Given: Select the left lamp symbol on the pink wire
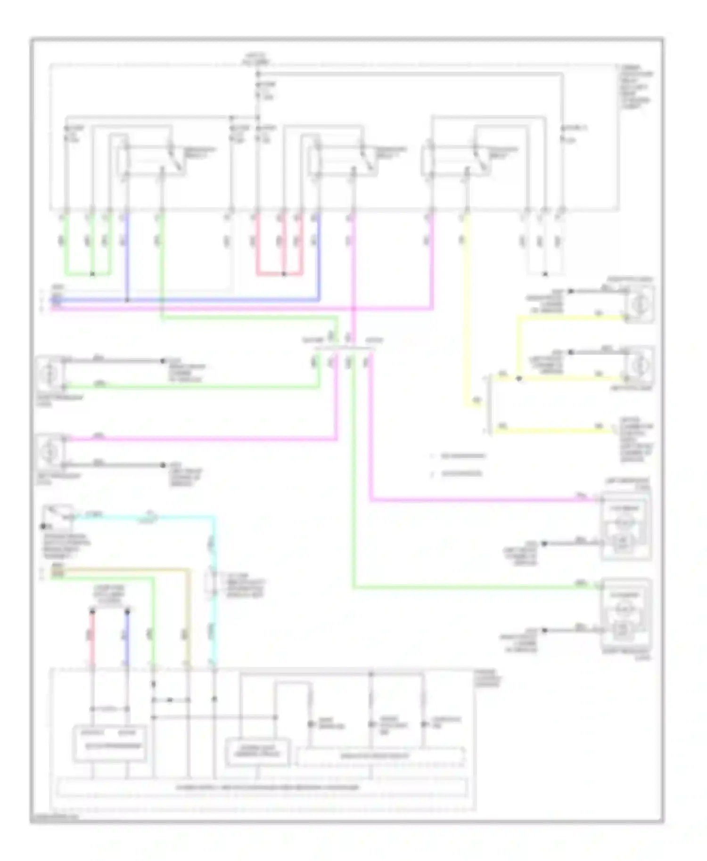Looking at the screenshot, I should pos(50,452).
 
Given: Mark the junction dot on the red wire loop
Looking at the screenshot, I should pos(284,274).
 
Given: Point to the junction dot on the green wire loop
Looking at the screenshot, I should pos(92,274).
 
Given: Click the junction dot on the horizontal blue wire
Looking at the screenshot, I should pos(127,300).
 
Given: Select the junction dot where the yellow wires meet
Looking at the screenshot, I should pos(519,378).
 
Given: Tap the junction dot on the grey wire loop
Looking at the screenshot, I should pos(545,274).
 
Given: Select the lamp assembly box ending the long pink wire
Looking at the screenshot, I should pos(625,526).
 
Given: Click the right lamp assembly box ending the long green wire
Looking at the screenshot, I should pos(625,613).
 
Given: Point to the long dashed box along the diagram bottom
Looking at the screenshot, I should pos(262,788).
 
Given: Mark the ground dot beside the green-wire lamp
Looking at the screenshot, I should pos(163,361).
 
